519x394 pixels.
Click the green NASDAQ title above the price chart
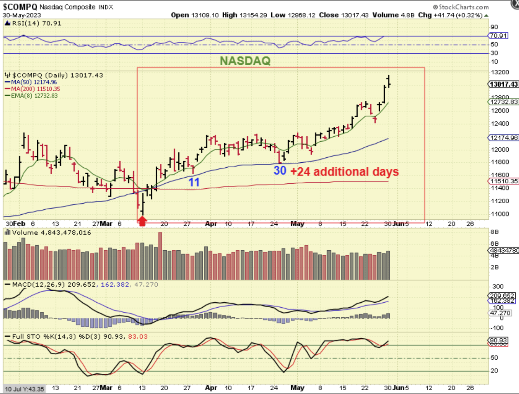[245, 61]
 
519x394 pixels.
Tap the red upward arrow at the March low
[142, 222]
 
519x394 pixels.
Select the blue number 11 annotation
[194, 182]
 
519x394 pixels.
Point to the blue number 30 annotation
[280, 170]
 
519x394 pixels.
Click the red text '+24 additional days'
[345, 171]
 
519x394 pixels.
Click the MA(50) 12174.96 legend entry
[34, 82]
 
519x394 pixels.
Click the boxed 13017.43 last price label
[503, 84]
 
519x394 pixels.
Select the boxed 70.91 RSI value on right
[498, 36]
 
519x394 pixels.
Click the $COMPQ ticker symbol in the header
[20, 7]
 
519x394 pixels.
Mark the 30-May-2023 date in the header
[22, 15]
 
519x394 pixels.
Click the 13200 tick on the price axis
[499, 72]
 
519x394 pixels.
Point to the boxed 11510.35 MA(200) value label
[503, 181]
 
